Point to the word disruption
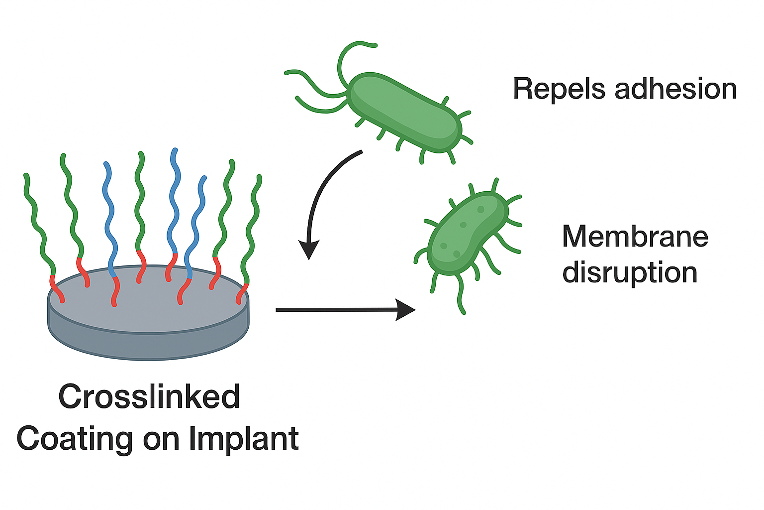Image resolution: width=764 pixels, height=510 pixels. click(630, 273)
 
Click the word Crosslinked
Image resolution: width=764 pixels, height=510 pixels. click(149, 397)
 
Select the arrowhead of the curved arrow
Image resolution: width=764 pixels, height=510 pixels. click(309, 249)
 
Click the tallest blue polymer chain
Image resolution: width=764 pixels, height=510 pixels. click(174, 199)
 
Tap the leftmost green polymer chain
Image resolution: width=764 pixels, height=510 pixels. click(36, 224)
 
